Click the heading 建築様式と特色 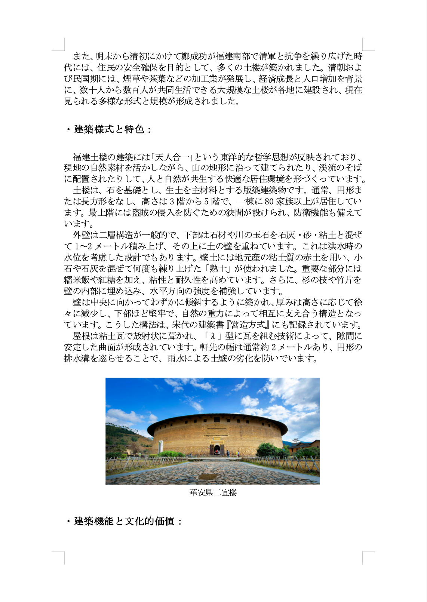tap(109, 129)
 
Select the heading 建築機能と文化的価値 tap(124, 521)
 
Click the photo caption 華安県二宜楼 tap(213, 492)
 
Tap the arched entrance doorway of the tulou tap(217, 450)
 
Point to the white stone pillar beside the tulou tap(161, 446)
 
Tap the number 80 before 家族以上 tap(269, 202)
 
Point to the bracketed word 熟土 tap(224, 269)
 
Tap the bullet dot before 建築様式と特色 tap(68, 130)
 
